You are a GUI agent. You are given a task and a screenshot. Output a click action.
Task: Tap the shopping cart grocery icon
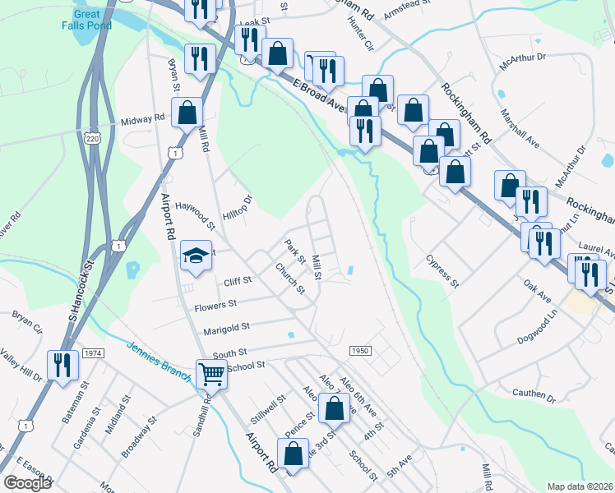click(212, 374)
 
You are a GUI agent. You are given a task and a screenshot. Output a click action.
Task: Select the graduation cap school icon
click(197, 255)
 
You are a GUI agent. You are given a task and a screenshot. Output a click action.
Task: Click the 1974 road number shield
click(93, 352)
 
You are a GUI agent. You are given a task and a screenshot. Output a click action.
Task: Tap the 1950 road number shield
click(359, 351)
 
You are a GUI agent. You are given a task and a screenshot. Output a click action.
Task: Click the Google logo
click(28, 482)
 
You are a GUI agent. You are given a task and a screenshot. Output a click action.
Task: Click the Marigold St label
click(226, 328)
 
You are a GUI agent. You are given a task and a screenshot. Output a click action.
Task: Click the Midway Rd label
click(142, 119)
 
